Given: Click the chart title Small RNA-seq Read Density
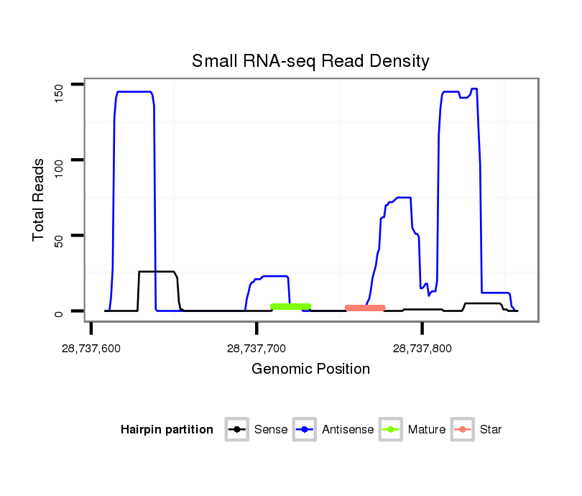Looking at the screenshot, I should click(x=310, y=61).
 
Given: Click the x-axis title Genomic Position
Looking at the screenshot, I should click(x=310, y=369).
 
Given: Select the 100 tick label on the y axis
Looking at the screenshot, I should click(x=60, y=160).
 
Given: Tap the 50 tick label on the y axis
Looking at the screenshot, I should click(x=60, y=236).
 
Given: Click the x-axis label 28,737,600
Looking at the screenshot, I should click(x=91, y=349).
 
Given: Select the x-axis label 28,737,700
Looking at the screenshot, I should click(x=257, y=349).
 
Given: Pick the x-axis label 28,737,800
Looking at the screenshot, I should click(x=422, y=349).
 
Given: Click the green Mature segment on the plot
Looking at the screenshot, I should click(x=290, y=307).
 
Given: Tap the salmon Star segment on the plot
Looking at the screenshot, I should click(x=365, y=308).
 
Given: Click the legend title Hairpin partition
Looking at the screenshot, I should click(x=167, y=430).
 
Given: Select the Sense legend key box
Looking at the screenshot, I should click(x=236, y=430).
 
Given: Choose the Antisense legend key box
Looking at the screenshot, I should click(x=305, y=430).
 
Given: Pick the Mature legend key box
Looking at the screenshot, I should click(x=391, y=430).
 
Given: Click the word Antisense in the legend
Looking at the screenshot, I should click(x=347, y=430).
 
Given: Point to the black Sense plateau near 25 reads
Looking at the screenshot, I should click(x=157, y=272).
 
